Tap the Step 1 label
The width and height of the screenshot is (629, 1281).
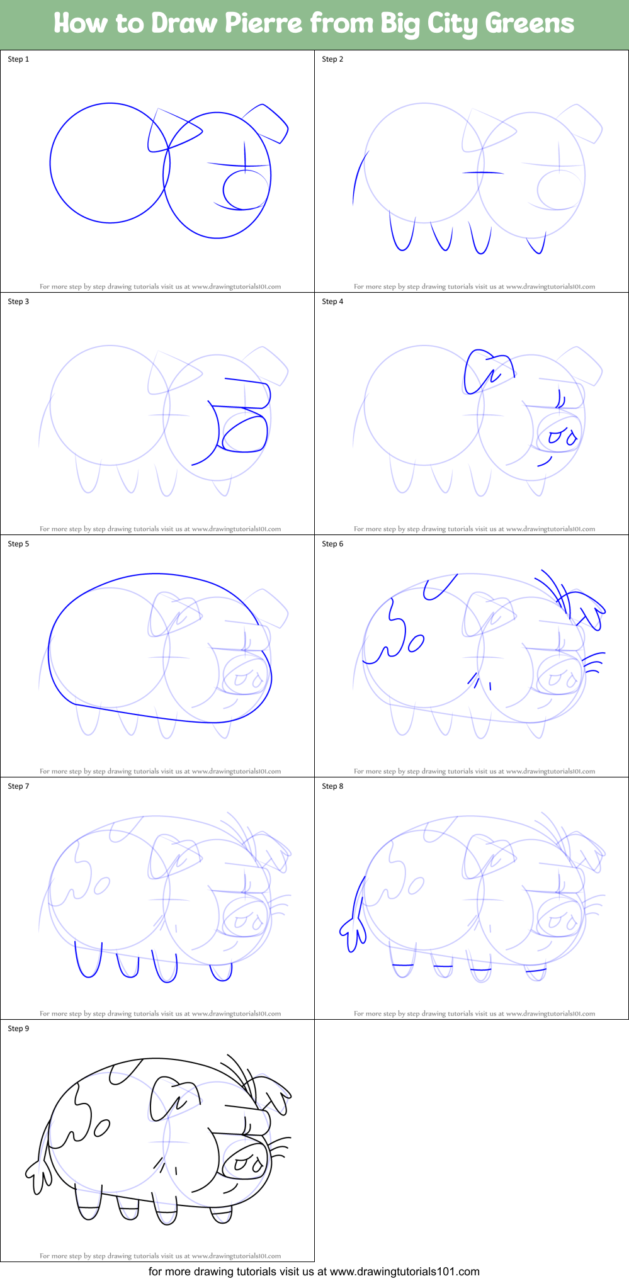pyautogui.click(x=18, y=59)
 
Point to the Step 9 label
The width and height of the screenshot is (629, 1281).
pyautogui.click(x=18, y=1029)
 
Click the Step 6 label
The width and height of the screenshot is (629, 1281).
pyautogui.click(x=332, y=544)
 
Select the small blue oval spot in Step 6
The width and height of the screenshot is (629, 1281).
pyautogui.click(x=416, y=643)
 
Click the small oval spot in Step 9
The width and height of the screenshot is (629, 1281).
pyautogui.click(x=101, y=1128)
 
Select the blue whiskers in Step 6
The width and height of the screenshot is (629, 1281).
pyautogui.click(x=593, y=662)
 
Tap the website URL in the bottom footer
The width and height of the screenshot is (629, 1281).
pyautogui.click(x=404, y=1272)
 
